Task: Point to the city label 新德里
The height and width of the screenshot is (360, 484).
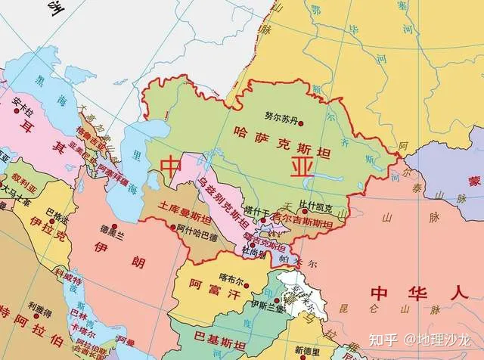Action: (309, 349)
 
